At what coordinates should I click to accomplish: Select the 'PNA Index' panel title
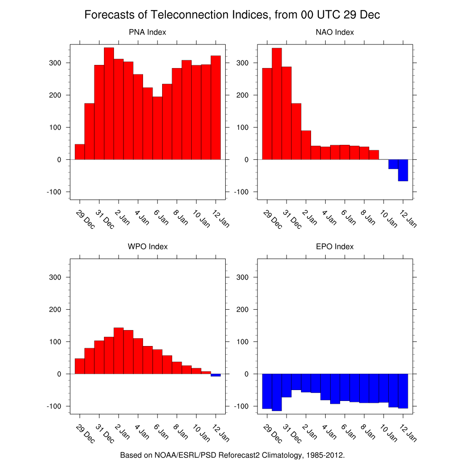148,32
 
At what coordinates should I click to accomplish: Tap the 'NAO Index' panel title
335,32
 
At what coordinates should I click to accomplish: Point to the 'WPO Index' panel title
148,247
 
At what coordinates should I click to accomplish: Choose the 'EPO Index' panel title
335,247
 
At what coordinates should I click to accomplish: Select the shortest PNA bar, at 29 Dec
79,152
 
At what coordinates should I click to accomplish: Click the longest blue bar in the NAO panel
403,170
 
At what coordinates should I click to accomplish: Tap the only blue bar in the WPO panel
216,375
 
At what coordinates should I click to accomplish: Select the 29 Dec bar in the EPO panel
267,391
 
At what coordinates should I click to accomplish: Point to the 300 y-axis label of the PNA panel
55,63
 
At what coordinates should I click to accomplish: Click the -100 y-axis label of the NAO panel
241,192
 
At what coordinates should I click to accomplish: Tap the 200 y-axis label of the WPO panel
55,310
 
